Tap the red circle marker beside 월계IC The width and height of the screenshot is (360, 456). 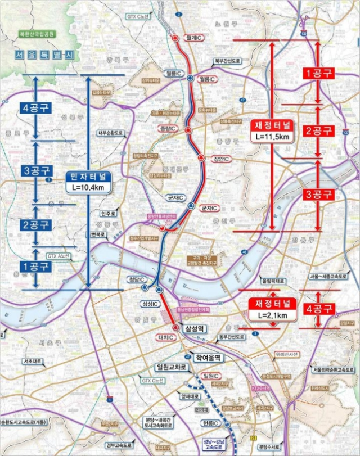(x=175, y=38)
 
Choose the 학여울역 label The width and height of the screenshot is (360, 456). (x=209, y=357)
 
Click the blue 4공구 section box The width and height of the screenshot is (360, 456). (x=35, y=108)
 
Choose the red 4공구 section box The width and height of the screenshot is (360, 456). (x=319, y=309)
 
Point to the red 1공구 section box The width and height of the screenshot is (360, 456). (x=319, y=74)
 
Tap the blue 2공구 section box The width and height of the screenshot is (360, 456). (x=35, y=225)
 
